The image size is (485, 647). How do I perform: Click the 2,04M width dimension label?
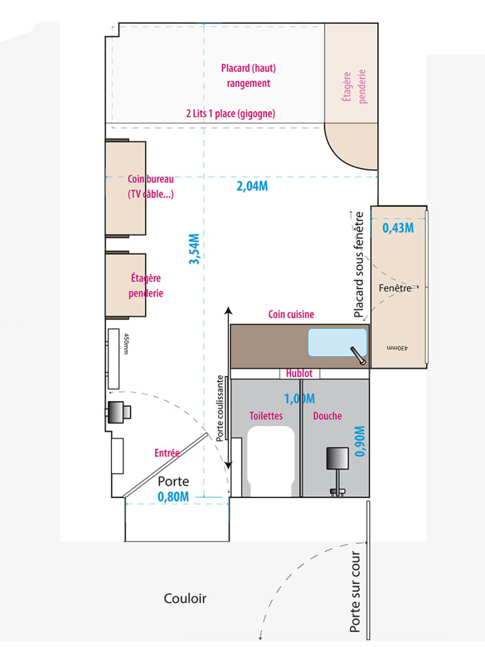pyautogui.click(x=252, y=186)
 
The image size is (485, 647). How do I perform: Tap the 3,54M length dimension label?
pyautogui.click(x=194, y=249)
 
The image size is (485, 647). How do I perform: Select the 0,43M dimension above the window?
pyautogui.click(x=398, y=228)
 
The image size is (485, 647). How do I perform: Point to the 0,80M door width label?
pyautogui.click(x=173, y=497)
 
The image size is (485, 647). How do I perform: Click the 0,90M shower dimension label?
pyautogui.click(x=360, y=441)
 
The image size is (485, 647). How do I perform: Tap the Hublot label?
pyautogui.click(x=299, y=373)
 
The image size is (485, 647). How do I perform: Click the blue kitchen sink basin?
pyautogui.click(x=338, y=342)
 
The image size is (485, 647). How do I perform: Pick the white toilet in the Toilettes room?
pyautogui.click(x=270, y=461)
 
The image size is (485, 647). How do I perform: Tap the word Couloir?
pyautogui.click(x=185, y=598)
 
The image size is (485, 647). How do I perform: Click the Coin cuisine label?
pyautogui.click(x=291, y=314)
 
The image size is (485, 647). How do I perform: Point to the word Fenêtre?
pyautogui.click(x=395, y=288)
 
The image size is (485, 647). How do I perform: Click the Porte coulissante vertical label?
pyautogui.click(x=221, y=408)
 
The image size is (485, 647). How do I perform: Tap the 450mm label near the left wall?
pyautogui.click(x=126, y=344)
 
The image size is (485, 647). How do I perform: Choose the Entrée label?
pyautogui.click(x=167, y=453)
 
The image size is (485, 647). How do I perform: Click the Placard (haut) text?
pyautogui.click(x=248, y=68)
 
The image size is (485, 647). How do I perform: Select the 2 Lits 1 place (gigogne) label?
pyautogui.click(x=231, y=113)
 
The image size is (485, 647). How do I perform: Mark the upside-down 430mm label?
pyautogui.click(x=397, y=348)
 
